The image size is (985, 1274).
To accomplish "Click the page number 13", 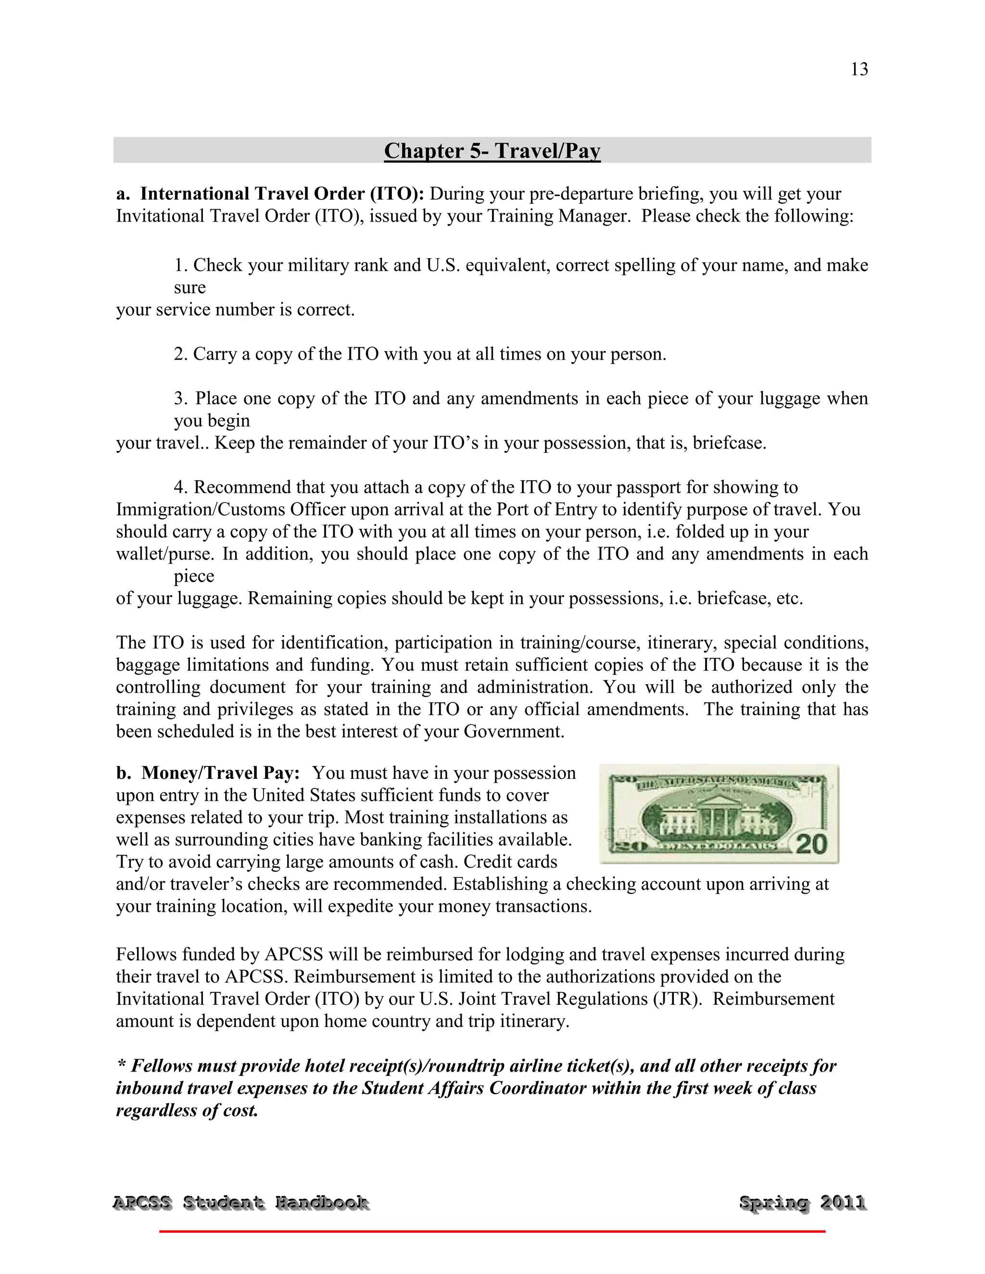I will coord(859,69).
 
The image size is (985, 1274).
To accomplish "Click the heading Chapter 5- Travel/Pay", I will coord(492,150).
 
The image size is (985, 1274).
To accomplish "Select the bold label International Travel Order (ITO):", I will coord(282,194).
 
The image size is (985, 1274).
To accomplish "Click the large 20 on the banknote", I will coord(811,844).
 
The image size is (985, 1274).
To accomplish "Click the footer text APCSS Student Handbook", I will coord(240,1202).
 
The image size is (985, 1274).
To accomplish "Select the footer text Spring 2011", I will coord(802,1202).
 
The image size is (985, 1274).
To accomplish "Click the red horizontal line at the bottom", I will coord(492,1231).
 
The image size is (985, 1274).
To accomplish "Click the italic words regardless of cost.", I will coord(187,1110).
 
